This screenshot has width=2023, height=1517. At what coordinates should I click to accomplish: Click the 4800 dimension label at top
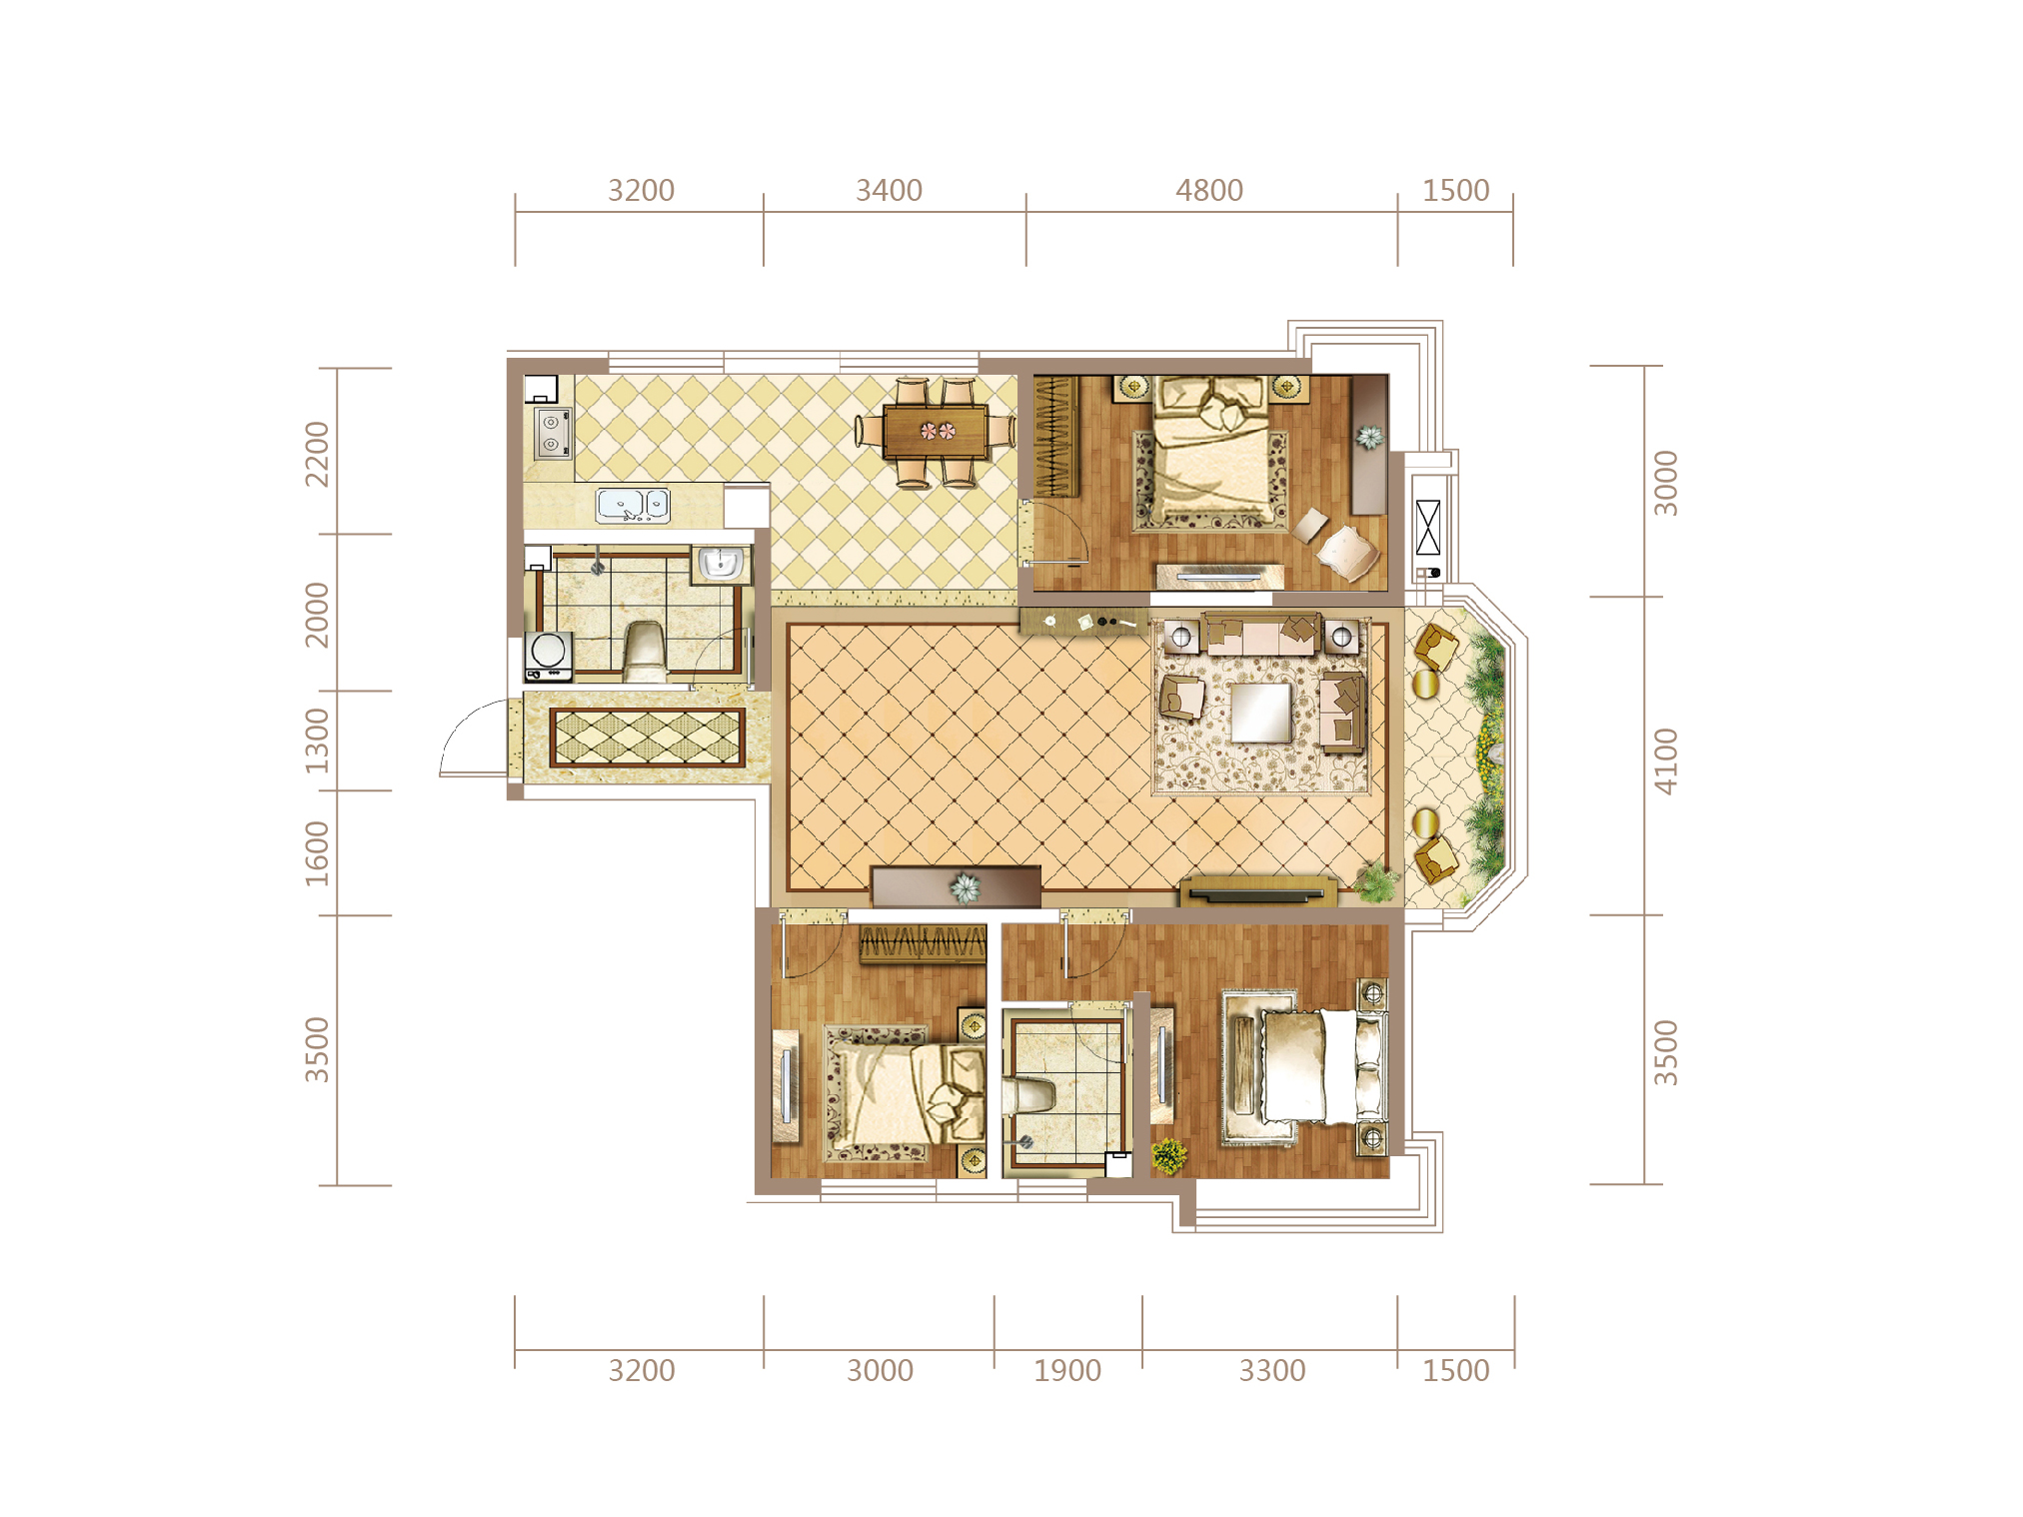click(x=1208, y=190)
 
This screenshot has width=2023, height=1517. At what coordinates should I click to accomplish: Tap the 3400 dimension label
click(x=889, y=190)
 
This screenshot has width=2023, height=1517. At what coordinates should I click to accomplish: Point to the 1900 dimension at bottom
click(x=1066, y=1370)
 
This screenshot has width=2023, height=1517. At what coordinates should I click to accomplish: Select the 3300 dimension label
click(x=1271, y=1370)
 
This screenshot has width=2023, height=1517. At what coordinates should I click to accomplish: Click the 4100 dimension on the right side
click(x=1665, y=761)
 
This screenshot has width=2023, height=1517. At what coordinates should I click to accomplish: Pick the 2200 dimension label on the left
click(x=317, y=454)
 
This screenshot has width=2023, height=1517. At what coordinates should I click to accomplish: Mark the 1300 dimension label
click(x=317, y=741)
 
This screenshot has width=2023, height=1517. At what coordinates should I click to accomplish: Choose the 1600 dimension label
click(x=317, y=853)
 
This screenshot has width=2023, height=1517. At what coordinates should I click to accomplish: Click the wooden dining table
click(x=936, y=431)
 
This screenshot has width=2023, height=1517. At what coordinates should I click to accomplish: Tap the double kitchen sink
click(x=633, y=505)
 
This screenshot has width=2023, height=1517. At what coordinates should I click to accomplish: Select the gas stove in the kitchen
click(x=552, y=433)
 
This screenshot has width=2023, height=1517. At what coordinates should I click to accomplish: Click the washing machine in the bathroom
click(x=549, y=656)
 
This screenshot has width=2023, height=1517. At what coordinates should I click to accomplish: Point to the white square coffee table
click(x=1260, y=712)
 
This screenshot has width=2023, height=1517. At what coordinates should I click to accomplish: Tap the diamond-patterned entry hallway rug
click(x=648, y=738)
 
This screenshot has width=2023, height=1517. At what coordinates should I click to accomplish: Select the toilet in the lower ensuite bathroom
click(x=1029, y=1095)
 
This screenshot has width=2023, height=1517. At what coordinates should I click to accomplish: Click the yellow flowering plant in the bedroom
click(x=1168, y=1156)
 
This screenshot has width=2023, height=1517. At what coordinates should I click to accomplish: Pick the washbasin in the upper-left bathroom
click(x=720, y=564)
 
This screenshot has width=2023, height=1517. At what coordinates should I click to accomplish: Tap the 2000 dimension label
click(x=317, y=615)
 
